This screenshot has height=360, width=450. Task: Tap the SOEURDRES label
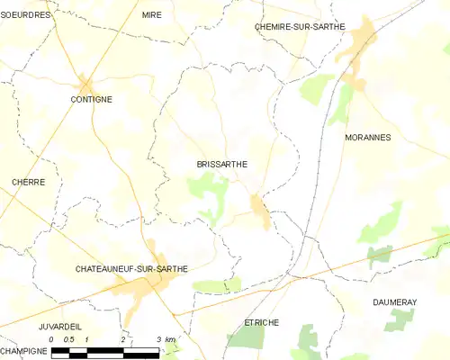tap(26, 15)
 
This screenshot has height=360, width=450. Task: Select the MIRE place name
tap(151, 15)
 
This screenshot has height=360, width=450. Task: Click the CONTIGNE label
tap(91, 99)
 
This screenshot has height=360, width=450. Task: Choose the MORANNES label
tap(366, 138)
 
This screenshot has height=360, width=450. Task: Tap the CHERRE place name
tap(28, 182)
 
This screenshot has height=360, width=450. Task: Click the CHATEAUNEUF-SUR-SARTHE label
tap(131, 269)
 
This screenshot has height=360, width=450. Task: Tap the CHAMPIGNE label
tap(23, 349)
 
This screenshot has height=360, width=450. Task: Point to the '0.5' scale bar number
tap(68, 338)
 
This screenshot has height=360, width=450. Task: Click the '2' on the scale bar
tap(122, 338)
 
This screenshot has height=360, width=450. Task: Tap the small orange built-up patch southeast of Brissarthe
tap(260, 210)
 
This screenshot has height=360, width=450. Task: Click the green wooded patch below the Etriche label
tap(248, 337)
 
